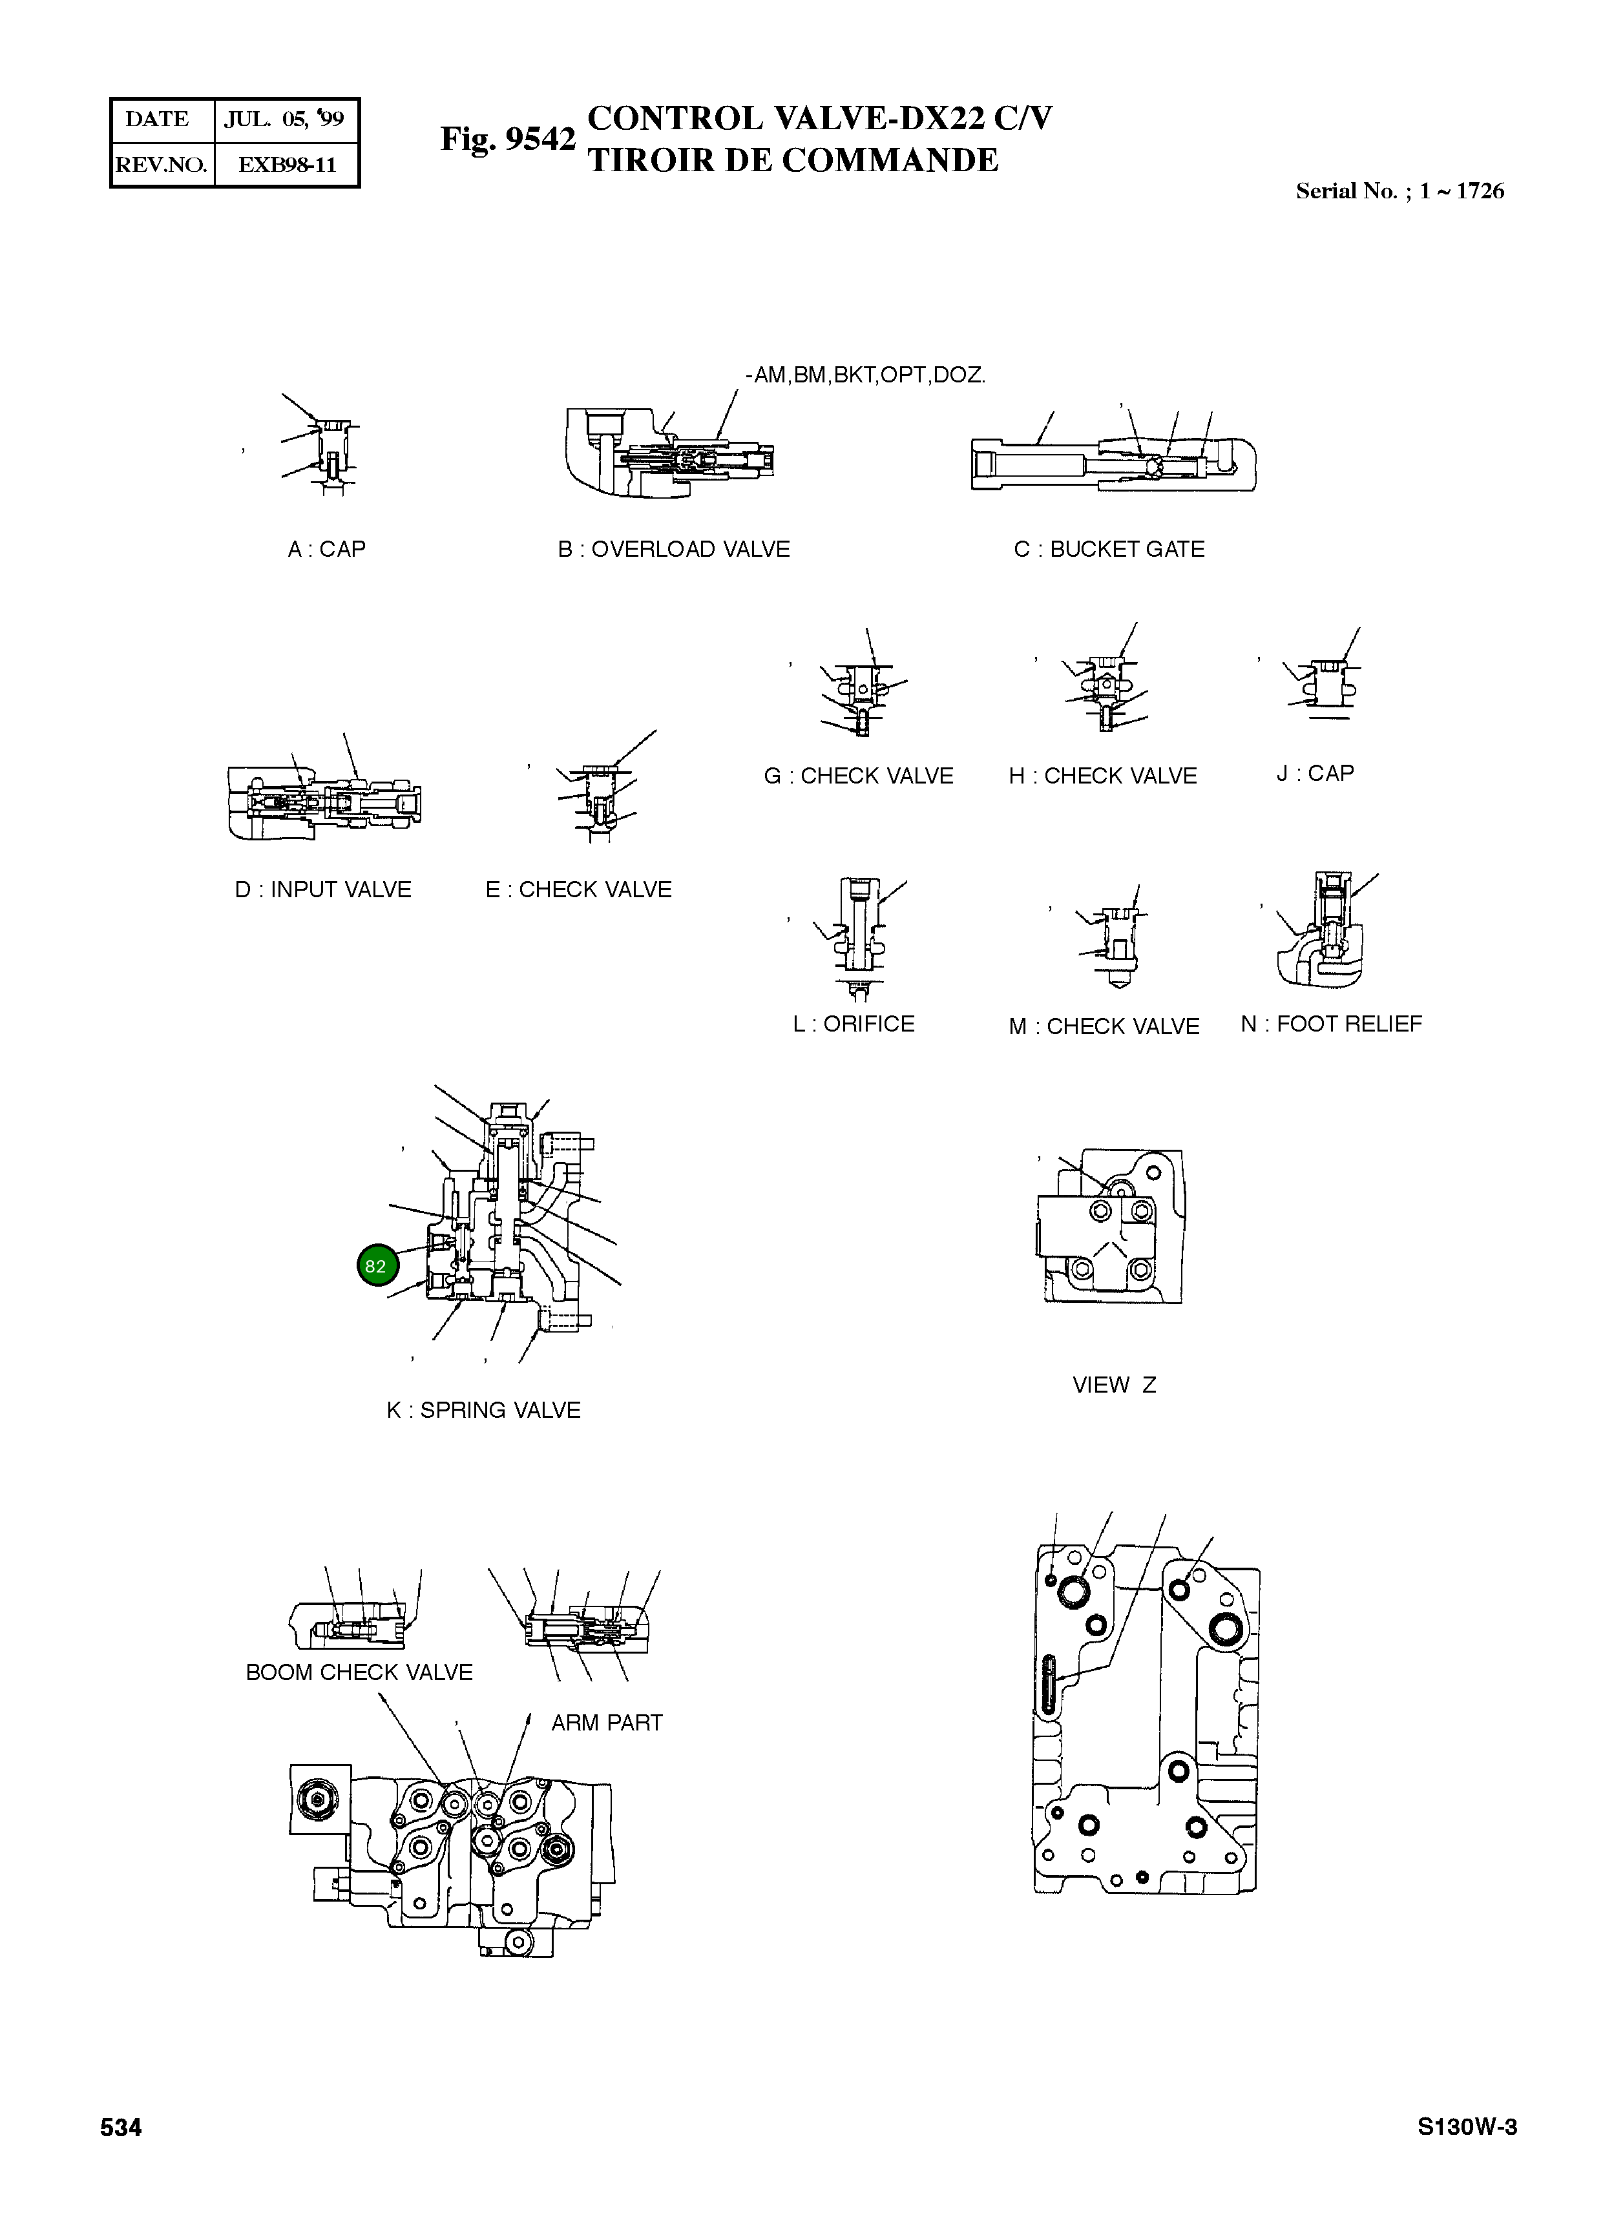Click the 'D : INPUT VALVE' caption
pyautogui.click(x=323, y=890)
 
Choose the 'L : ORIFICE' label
pyautogui.click(x=854, y=1024)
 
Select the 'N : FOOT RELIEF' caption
pyautogui.click(x=1332, y=1024)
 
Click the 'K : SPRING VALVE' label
pyautogui.click(x=483, y=1411)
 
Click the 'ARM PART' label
pyautogui.click(x=607, y=1723)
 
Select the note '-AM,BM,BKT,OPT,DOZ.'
pyautogui.click(x=866, y=375)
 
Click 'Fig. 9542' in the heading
pyautogui.click(x=507, y=140)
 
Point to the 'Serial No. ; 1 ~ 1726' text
pyautogui.click(x=1399, y=192)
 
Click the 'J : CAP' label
pyautogui.click(x=1315, y=774)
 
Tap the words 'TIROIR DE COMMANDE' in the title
pyautogui.click(x=793, y=160)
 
